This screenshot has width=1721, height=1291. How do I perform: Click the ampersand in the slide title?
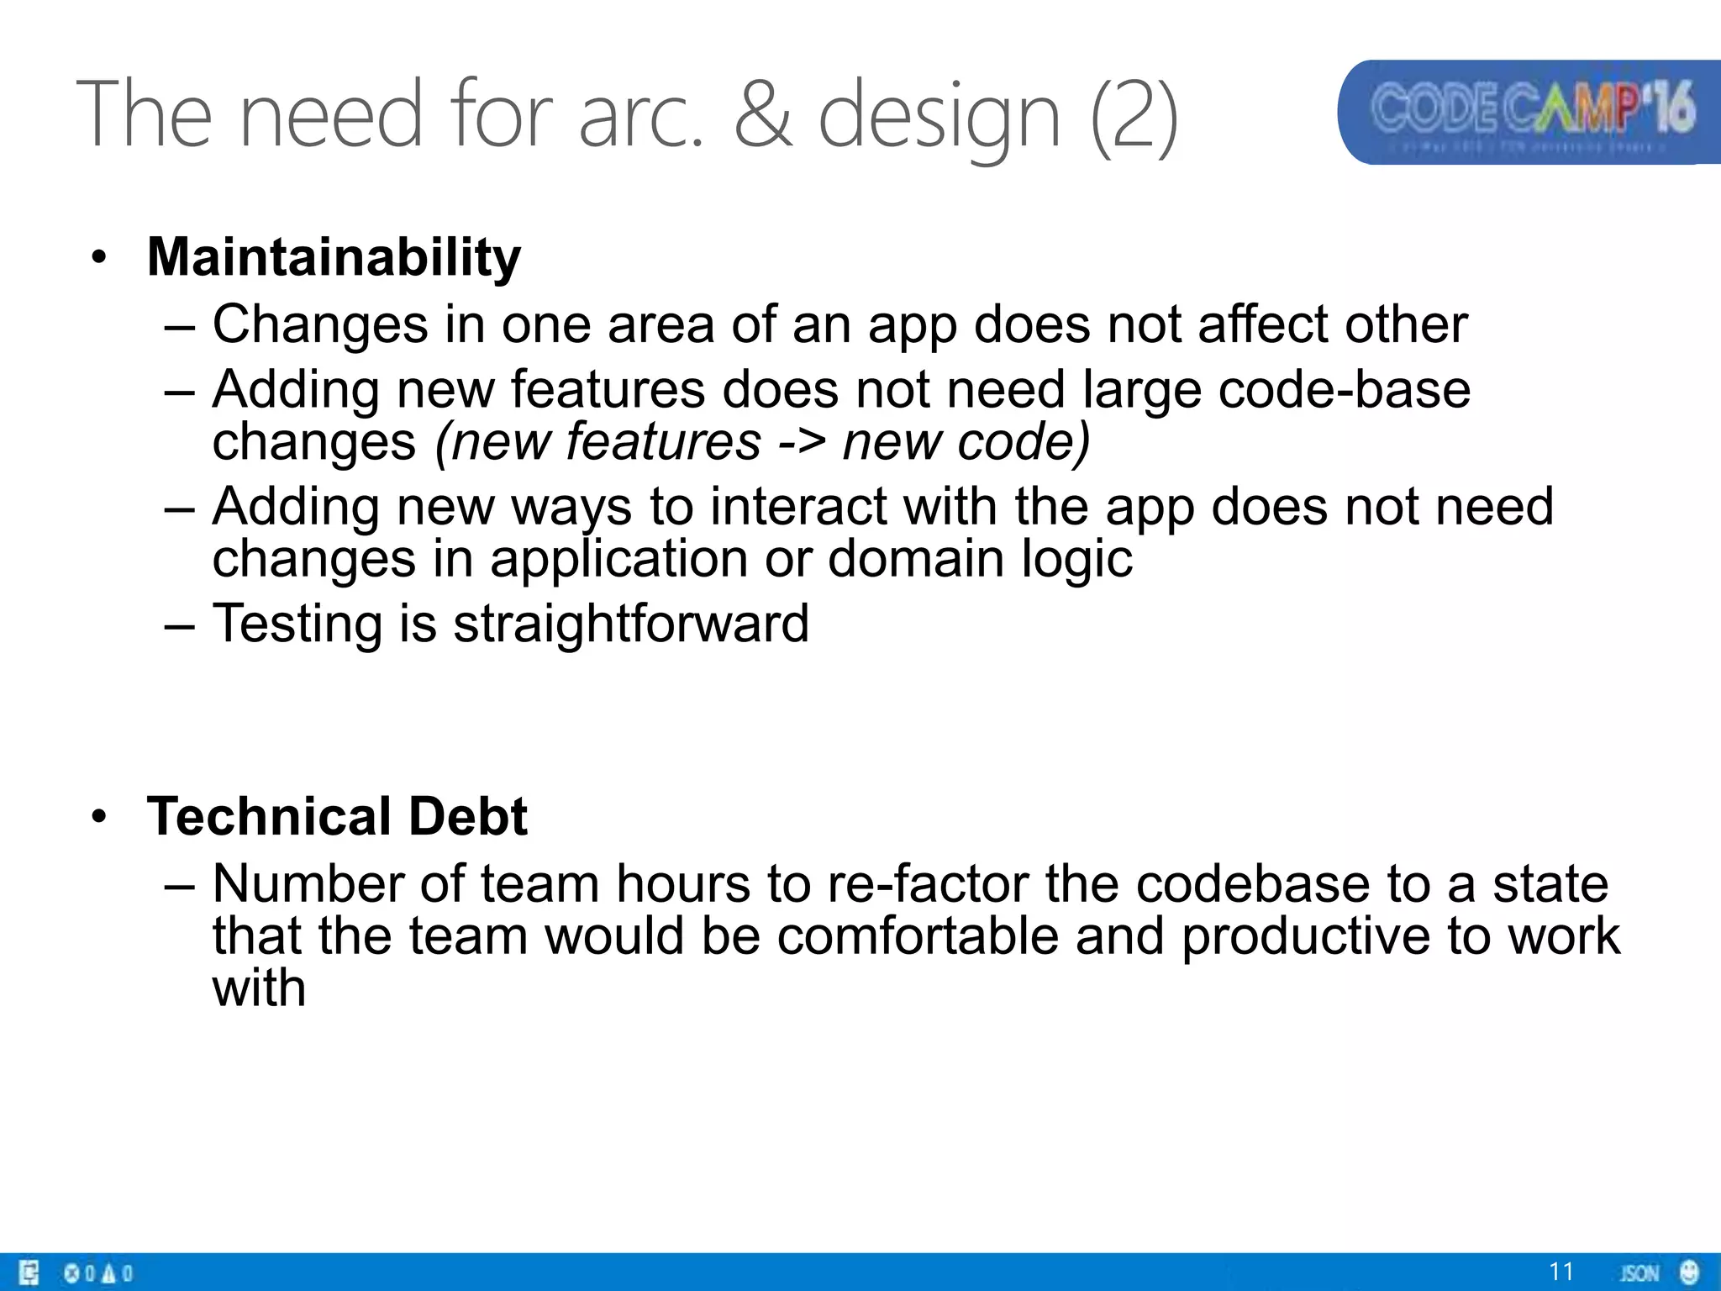click(x=763, y=114)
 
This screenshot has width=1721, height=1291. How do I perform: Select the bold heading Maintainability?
click(x=334, y=257)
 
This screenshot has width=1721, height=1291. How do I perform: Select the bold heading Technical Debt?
click(x=336, y=817)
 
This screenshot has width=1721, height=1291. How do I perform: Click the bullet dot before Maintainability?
click(x=100, y=259)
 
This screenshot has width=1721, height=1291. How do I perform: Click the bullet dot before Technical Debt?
click(x=100, y=818)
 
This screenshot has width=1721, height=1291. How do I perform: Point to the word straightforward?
click(x=631, y=624)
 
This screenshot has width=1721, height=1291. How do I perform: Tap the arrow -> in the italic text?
click(x=801, y=442)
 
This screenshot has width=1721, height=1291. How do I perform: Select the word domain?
click(x=916, y=559)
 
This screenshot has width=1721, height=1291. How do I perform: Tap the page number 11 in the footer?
click(x=1560, y=1272)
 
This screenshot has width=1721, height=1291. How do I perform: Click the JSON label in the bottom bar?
click(x=1639, y=1273)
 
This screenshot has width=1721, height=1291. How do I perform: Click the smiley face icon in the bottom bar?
click(x=1689, y=1272)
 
